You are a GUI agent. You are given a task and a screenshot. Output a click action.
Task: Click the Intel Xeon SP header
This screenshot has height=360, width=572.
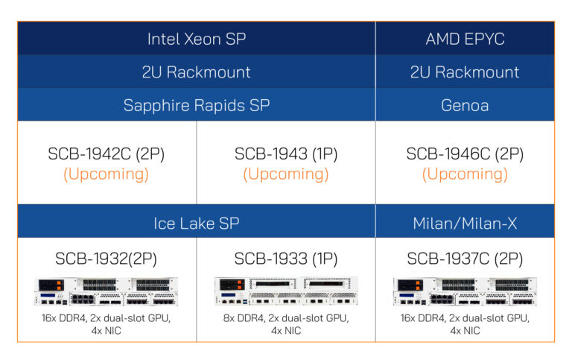coord(196,39)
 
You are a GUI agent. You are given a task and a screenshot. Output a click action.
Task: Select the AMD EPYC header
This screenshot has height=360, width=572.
coord(465,39)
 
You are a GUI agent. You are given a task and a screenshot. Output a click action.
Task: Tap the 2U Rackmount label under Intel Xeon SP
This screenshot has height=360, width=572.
coord(196,72)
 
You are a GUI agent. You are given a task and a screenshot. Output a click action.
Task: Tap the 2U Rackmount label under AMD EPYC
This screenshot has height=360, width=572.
coord(465,72)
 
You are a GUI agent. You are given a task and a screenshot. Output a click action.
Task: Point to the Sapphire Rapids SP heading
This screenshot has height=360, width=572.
coord(196,105)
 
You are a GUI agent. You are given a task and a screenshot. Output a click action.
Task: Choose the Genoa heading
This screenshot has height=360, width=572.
coord(465,105)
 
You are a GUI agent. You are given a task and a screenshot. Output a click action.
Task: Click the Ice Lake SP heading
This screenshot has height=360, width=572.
coord(196,223)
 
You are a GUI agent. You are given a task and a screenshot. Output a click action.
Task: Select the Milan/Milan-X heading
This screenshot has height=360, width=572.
coord(465,223)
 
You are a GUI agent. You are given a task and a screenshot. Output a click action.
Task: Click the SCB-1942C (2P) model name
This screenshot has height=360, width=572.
coord(106,154)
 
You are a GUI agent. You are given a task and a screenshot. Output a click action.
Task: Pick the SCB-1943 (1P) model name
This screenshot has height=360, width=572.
coord(286,154)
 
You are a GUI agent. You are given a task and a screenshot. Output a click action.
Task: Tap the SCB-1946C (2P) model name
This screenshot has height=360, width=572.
coord(465,154)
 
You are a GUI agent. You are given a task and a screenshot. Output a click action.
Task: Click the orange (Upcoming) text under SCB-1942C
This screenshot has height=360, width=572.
coord(106,174)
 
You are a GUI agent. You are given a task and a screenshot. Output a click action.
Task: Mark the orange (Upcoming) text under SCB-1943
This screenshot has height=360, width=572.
coord(286,174)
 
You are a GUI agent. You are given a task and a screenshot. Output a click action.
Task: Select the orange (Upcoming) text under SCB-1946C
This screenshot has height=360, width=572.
coord(465,174)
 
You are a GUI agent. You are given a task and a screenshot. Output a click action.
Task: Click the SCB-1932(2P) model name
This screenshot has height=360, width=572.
coord(106,259)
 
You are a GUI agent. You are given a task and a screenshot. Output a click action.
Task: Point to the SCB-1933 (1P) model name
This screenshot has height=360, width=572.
coord(286,259)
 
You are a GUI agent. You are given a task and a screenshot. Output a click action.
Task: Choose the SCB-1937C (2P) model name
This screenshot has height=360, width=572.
coord(465,259)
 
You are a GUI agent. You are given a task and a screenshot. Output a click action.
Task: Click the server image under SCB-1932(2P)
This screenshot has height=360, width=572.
coord(106,291)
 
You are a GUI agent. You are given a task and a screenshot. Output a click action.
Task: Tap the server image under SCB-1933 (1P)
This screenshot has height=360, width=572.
coord(286,291)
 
